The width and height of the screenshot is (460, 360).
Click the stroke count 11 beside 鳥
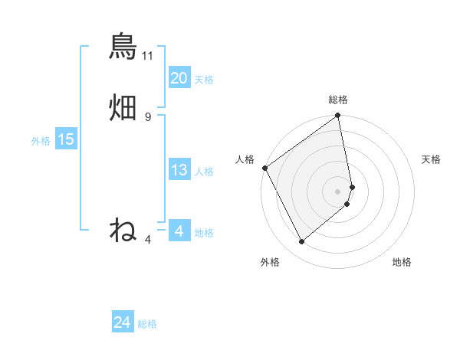pos(148,56)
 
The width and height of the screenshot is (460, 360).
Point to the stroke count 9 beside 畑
pos(148,117)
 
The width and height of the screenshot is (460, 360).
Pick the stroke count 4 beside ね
pos(148,239)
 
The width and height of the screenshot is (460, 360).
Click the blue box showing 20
pos(179,78)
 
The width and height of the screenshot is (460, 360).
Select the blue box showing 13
pos(179,171)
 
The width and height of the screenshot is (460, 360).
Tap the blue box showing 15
pos(65,139)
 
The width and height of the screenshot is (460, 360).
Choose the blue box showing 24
pos(122,323)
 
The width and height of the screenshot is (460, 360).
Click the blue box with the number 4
pos(179,231)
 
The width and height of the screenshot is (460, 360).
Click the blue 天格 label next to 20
pos(204,80)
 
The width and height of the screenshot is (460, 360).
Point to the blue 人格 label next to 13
pos(204,172)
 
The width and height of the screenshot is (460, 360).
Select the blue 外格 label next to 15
pos(41,141)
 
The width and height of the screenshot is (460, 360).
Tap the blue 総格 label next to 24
pos(147,325)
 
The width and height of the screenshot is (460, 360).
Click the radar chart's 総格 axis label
pos(338,100)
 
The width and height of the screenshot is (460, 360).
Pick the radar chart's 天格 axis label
pos(431,159)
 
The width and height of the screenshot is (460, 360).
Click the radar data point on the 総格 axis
pos(338,117)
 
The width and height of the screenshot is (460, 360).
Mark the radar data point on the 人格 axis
pos(264,168)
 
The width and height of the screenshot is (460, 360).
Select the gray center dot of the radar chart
pos(337,191)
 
